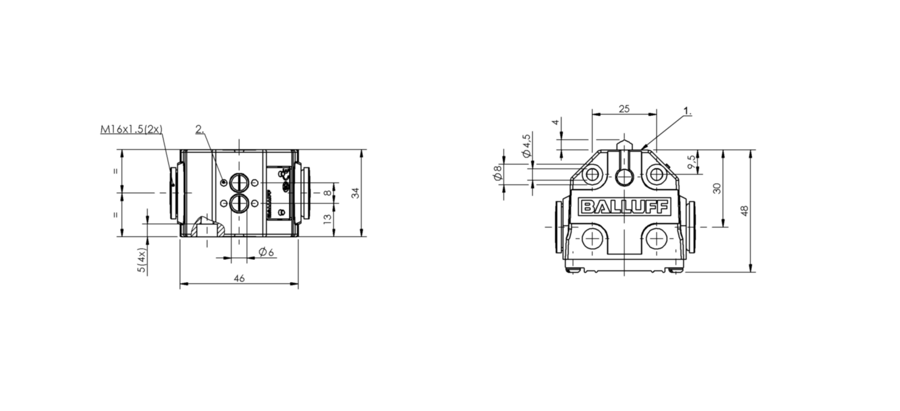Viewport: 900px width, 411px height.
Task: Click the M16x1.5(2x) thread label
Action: point(131,129)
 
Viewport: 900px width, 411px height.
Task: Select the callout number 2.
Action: point(200,129)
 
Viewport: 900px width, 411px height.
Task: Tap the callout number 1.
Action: point(688,111)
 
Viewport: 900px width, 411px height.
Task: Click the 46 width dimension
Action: point(239,278)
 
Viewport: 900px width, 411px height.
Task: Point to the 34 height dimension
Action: point(355,193)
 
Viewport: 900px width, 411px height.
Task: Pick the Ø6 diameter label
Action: point(266,252)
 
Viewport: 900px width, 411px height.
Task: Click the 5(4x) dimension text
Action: point(142,260)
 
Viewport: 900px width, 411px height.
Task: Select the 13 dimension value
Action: point(327,219)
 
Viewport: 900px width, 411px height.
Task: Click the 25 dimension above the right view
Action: point(624,109)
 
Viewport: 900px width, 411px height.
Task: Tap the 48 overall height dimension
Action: point(744,211)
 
